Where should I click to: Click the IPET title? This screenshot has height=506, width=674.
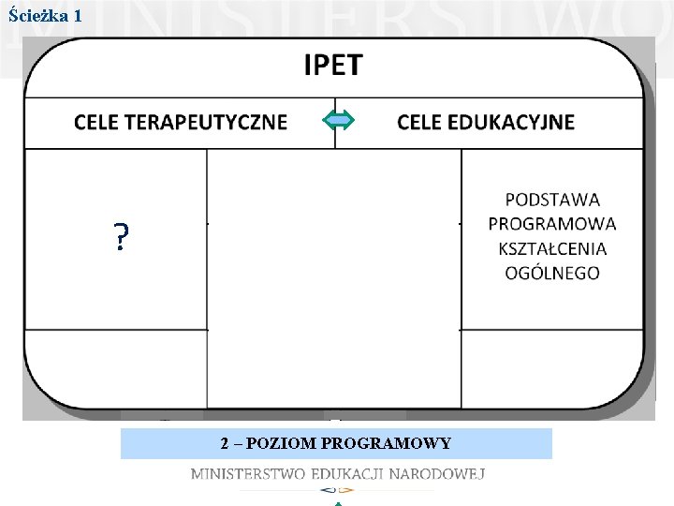(x=332, y=65)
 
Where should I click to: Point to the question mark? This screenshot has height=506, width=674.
(x=121, y=240)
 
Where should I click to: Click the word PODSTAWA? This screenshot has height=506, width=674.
(x=552, y=199)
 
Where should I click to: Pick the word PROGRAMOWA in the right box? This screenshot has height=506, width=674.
(x=552, y=223)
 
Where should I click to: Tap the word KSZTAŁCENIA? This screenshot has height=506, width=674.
(x=552, y=248)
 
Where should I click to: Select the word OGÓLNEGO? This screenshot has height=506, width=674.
(x=552, y=273)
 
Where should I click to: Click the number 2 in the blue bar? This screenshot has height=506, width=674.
(x=225, y=443)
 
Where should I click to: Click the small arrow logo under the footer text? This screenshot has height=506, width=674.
(x=337, y=490)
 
